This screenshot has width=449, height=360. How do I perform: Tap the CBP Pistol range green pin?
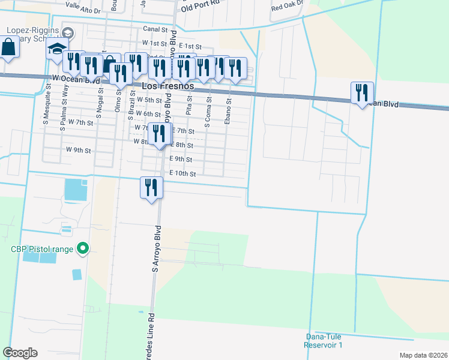83,248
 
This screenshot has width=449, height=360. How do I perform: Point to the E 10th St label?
183,173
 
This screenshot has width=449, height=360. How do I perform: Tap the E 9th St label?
181,159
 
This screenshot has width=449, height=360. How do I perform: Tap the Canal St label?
154,28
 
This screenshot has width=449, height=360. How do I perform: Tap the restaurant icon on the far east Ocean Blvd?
362,93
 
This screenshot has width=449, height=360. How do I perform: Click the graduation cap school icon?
57,49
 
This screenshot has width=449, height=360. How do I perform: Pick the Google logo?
20,352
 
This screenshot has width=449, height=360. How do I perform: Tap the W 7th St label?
80,122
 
